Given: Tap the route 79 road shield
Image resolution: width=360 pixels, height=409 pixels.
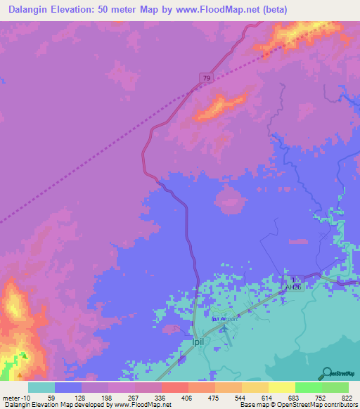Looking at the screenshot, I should click(205, 78).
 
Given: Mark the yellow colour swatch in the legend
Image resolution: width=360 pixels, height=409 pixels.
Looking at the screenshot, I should click(281, 387).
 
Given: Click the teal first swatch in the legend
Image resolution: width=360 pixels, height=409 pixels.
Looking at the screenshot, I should click(41, 387).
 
